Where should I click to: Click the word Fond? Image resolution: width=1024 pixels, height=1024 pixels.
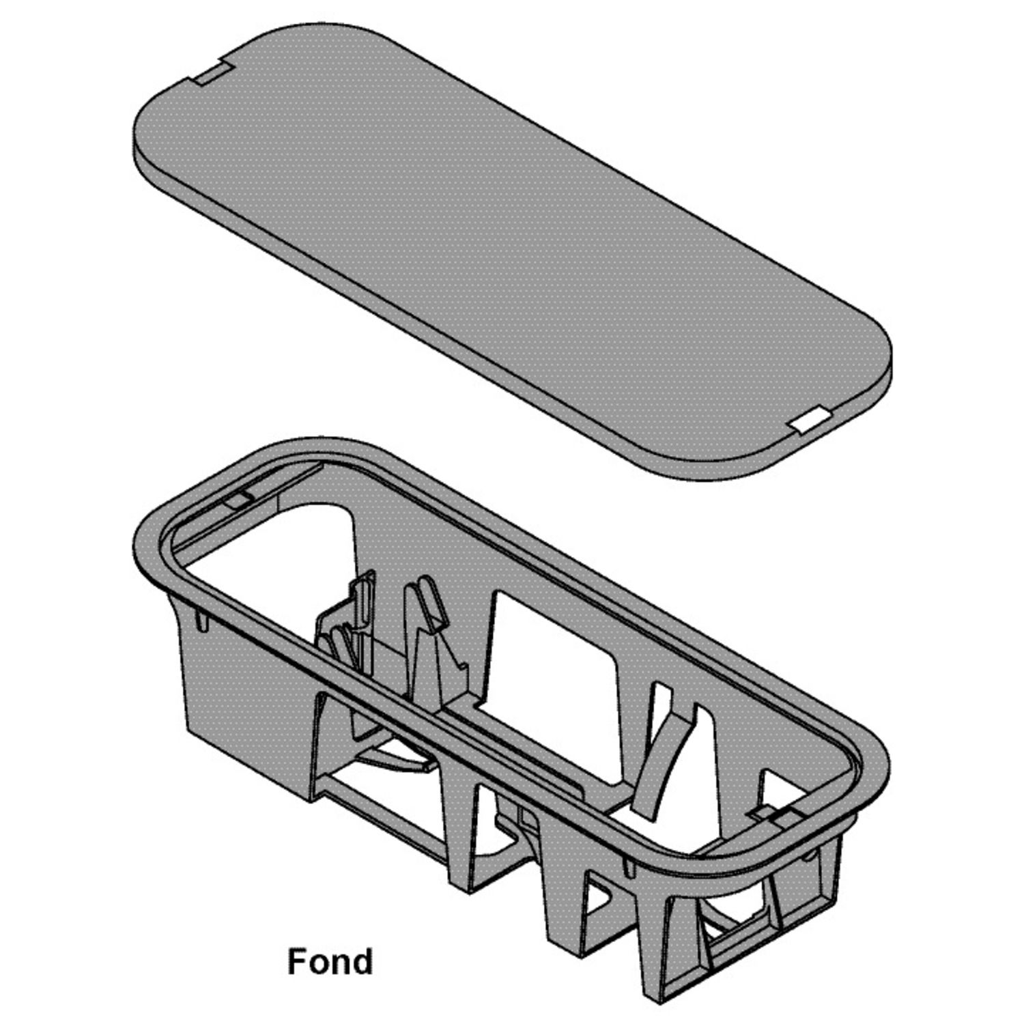[x=330, y=961]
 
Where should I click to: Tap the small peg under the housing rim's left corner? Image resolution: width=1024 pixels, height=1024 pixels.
[x=201, y=619]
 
